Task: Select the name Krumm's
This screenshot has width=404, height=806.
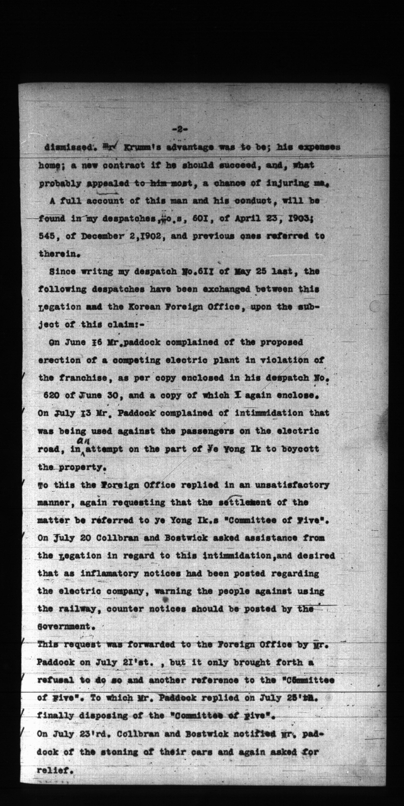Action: click(134, 147)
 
